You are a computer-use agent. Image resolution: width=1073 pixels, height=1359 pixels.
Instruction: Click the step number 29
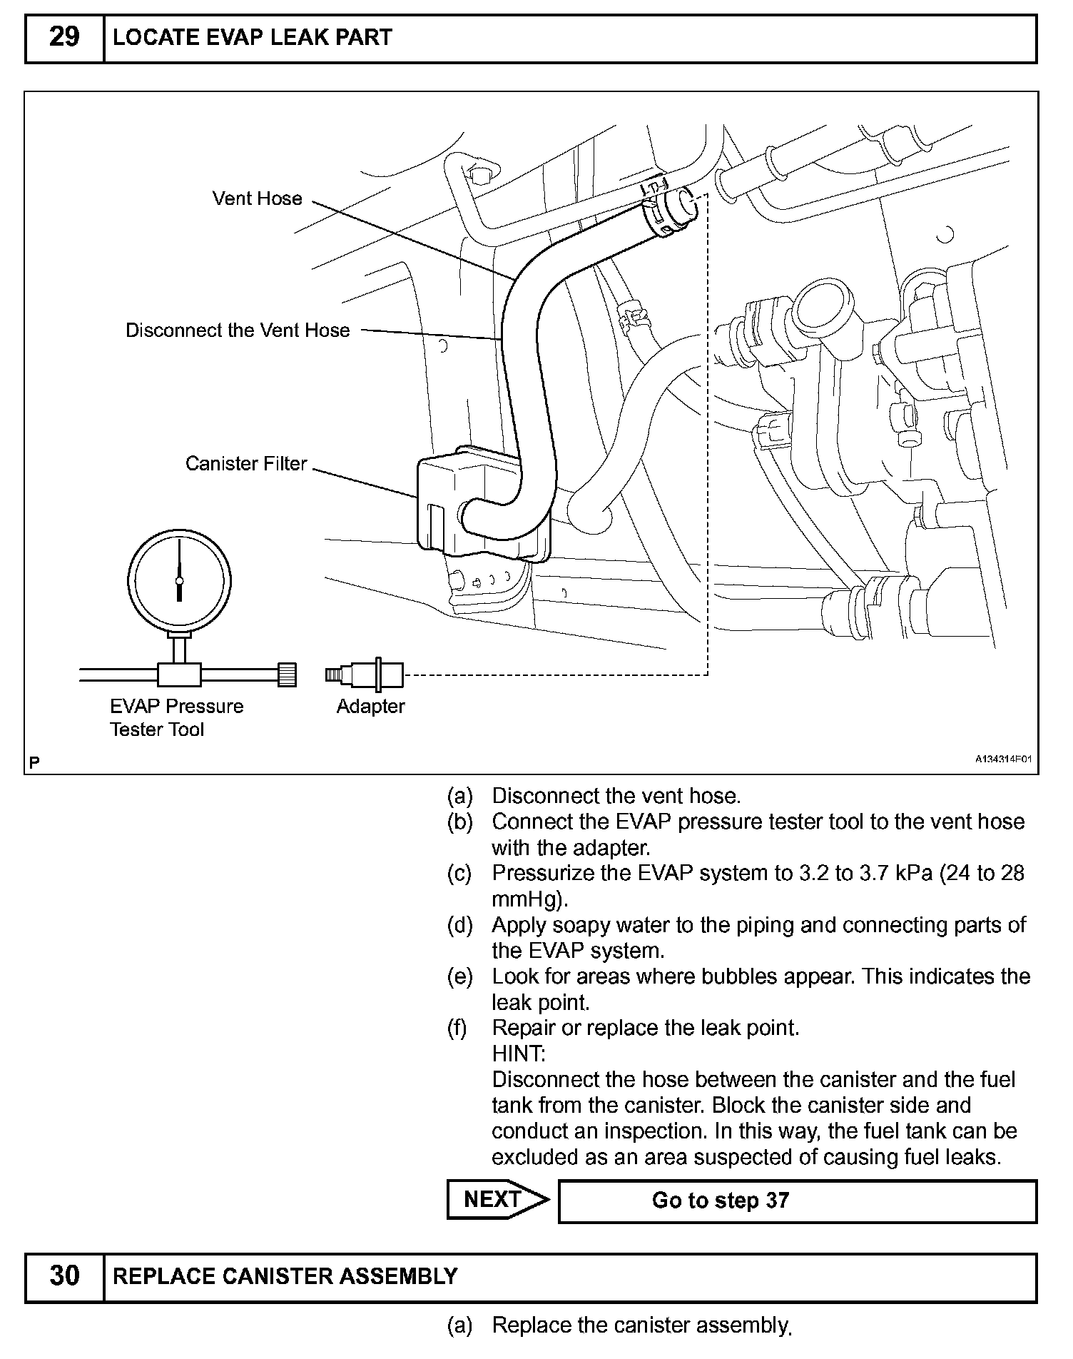[x=64, y=37]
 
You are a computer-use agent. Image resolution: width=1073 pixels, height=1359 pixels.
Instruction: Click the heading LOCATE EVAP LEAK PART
[x=253, y=37]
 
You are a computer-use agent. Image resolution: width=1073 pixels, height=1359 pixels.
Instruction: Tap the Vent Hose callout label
[x=257, y=198]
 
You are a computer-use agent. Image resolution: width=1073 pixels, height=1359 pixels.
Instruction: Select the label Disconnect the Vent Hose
[x=238, y=330]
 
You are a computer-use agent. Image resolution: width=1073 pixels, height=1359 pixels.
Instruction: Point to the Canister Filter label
[x=245, y=464]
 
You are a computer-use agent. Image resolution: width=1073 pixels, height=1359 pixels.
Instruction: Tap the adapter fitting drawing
[x=365, y=675]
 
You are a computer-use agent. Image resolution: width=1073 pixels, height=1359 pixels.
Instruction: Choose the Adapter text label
[x=370, y=707]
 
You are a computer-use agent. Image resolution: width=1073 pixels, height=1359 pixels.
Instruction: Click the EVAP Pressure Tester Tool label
[x=176, y=717]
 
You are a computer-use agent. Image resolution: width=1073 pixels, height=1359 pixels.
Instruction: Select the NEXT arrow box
[x=497, y=1199]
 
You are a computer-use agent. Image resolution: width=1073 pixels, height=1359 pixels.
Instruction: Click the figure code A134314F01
[x=1005, y=760]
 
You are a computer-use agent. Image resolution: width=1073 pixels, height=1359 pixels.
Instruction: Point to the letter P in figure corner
[x=34, y=762]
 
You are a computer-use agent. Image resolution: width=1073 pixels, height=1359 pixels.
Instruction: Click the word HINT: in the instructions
[x=519, y=1054]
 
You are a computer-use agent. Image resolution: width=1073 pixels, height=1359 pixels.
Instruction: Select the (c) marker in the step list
[x=459, y=874]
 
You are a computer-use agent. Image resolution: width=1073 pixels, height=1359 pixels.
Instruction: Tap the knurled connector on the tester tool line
[x=287, y=674]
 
